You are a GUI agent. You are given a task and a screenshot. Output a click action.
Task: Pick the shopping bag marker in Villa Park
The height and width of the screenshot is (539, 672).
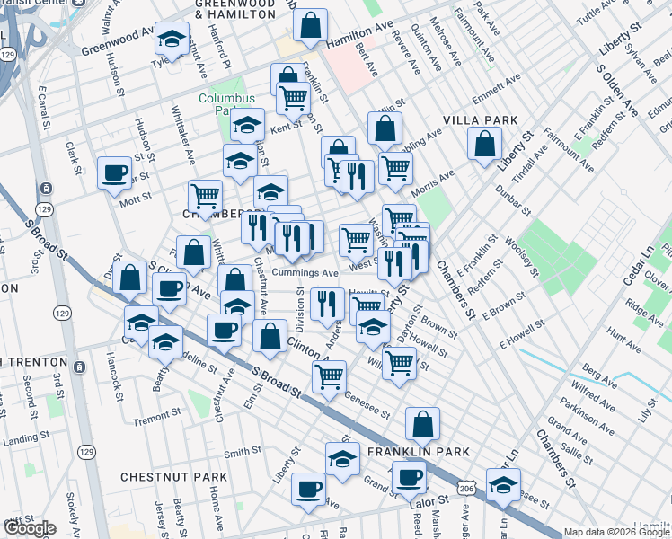click(x=484, y=145)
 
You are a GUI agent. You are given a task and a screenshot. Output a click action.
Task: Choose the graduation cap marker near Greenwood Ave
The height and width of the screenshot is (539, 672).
click(x=172, y=40)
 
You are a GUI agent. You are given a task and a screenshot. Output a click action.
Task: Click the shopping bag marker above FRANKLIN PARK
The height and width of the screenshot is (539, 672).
click(x=422, y=423)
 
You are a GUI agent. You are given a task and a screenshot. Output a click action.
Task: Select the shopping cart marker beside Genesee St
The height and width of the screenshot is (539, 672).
click(x=330, y=377)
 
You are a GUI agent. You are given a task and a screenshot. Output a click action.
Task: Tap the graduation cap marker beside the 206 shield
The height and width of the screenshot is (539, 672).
click(x=504, y=484)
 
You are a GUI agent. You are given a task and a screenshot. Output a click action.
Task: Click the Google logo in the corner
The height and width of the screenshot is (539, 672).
click(x=30, y=528)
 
